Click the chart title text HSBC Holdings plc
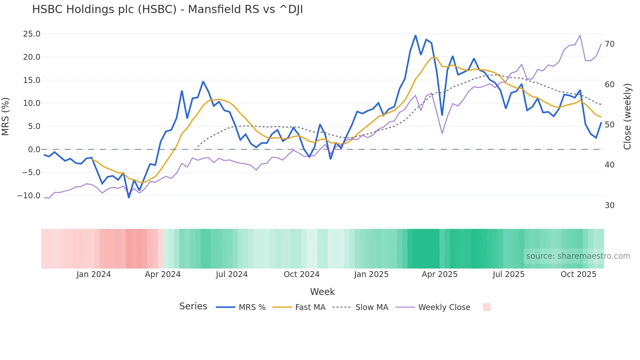[167, 9]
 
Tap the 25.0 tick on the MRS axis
[32, 34]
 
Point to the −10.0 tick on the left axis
[29, 196]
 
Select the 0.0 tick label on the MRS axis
[34, 150]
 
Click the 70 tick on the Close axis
[610, 44]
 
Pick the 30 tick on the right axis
[610, 205]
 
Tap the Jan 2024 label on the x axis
[94, 274]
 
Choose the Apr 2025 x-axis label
[440, 274]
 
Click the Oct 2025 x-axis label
[578, 274]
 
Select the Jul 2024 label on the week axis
[232, 274]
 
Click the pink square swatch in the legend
[487, 307]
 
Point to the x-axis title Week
[322, 292]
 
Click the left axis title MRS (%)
[6, 116]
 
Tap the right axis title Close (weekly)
[627, 116]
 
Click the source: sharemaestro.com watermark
[578, 256]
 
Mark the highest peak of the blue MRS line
[415, 35]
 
